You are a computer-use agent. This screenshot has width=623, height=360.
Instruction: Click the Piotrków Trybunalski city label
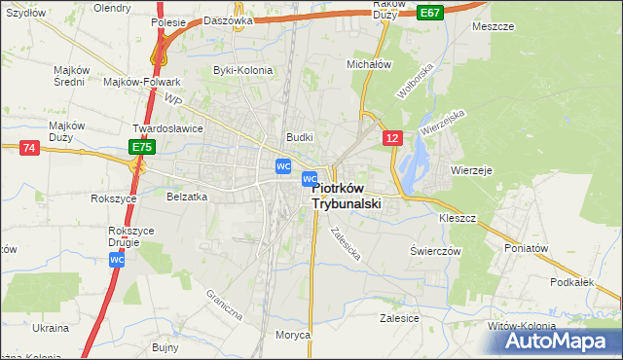pos(346,197)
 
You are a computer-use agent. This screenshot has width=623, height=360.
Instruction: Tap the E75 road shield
pos(141,146)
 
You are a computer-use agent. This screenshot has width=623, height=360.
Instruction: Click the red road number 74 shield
pos(28,147)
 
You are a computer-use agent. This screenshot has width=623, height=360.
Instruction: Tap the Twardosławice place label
pos(166,127)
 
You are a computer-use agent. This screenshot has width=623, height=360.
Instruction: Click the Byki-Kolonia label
pos(242,70)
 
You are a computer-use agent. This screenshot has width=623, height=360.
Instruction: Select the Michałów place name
pos(368,64)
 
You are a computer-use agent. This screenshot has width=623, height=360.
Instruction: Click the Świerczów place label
pos(434,250)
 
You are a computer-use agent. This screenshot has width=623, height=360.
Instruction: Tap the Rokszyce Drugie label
pos(131,236)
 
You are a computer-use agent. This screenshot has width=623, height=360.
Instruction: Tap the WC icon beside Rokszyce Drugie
pos(116,261)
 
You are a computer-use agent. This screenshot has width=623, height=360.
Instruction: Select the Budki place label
pos(298,137)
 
